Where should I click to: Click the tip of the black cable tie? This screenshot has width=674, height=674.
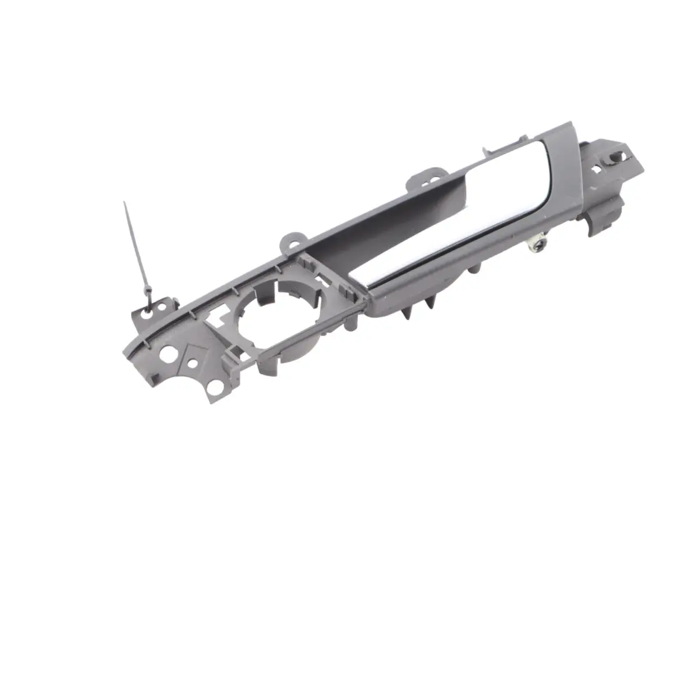125,203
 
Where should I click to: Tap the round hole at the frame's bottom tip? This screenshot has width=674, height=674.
215,388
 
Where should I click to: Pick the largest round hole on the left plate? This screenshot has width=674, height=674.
167,353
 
